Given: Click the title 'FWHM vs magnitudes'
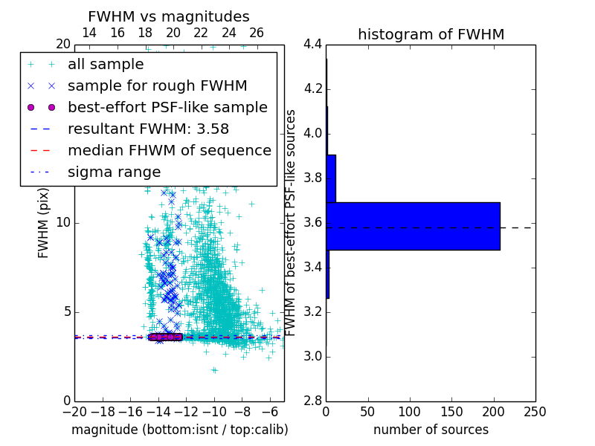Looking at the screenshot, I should pos(169,16).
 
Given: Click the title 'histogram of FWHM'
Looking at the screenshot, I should pos(431,34).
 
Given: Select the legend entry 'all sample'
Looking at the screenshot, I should pos(106,65).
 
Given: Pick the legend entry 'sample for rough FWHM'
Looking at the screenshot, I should pos(157,85).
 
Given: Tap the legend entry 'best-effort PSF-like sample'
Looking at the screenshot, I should pos(167,107).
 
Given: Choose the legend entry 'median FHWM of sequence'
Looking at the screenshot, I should pos(169,150).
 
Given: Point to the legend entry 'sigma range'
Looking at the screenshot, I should pos(114,172).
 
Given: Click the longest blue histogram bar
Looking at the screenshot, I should pos(413,226).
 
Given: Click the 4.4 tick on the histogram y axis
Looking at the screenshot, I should pos(312,45).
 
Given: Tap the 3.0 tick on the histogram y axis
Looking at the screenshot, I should pos(312,356).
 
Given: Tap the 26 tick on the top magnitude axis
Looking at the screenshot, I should pos(257,33).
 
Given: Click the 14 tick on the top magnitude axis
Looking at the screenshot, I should pos(89,33).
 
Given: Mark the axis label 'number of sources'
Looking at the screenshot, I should pos(431,430).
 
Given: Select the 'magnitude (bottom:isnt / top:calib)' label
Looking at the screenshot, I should pos(179,430).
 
